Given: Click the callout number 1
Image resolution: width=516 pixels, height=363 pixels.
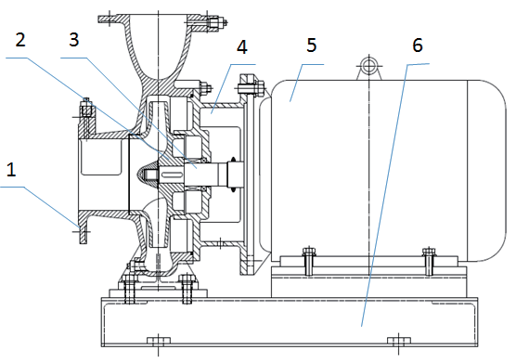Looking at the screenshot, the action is point(11,171).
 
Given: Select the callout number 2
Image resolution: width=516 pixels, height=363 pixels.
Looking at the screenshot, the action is point(20,40).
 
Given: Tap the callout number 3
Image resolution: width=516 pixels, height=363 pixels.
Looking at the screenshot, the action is point(74,40).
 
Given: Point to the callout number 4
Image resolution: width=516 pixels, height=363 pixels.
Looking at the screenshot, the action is point(242,46).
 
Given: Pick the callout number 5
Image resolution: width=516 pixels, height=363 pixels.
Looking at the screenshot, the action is point(311,45).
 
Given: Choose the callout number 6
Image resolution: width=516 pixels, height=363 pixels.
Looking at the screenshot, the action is point(418,45).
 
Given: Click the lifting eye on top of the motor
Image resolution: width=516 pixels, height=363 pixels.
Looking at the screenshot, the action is point(368,67).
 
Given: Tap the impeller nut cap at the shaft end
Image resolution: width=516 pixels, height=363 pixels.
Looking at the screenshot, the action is point(146,173).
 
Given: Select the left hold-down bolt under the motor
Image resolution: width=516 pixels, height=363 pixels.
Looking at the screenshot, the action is point(308,261).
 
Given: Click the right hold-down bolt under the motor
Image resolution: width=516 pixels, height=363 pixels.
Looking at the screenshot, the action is point(429,261).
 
